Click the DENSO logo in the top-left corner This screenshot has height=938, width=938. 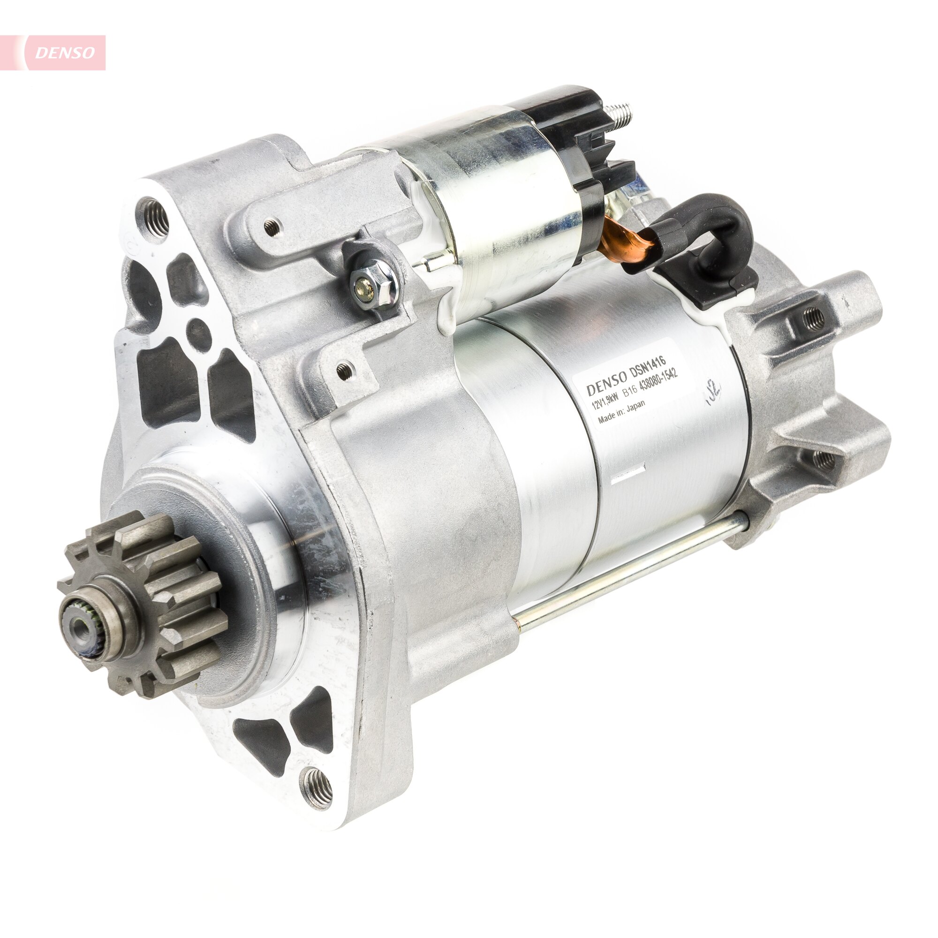pyautogui.click(x=65, y=53)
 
